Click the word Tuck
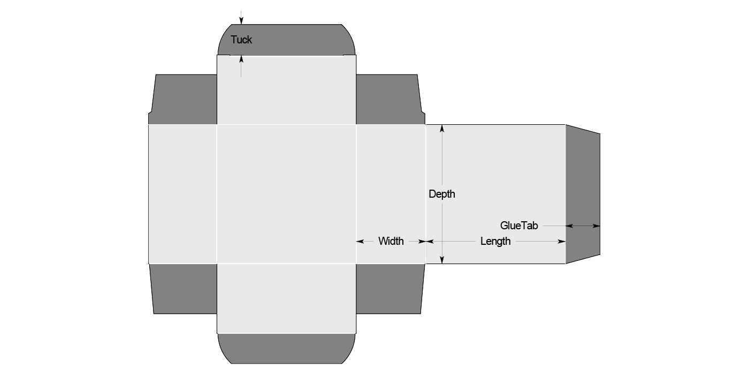coord(241,40)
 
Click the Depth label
coord(442,194)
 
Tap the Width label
coord(391,241)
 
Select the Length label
coord(495,241)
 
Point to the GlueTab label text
coord(519,226)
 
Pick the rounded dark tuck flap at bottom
coord(287,348)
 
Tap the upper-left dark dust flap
coord(185,99)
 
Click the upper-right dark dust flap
coord(388,99)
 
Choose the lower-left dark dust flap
coord(185,288)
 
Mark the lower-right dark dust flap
coord(388,288)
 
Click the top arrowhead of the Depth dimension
coord(442,129)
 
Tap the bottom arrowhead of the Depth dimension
coord(442,260)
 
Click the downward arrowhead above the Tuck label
coord(241,21)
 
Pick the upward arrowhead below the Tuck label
coord(241,58)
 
